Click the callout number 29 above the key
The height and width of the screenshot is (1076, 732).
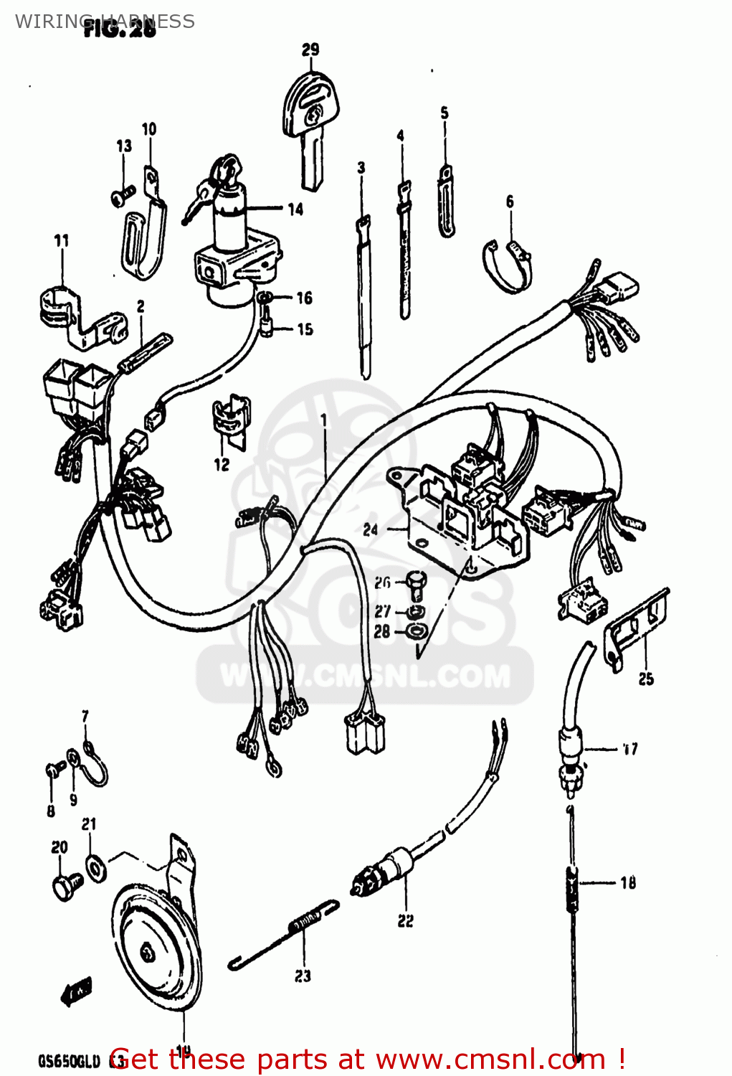(310, 49)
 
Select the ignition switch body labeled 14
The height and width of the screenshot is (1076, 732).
(234, 244)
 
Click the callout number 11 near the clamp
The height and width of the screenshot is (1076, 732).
(62, 240)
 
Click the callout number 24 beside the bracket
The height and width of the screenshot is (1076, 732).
(370, 530)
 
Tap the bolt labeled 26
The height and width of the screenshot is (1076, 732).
(414, 584)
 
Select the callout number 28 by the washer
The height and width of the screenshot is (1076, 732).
(382, 631)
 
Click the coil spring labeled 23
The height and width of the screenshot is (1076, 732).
(305, 922)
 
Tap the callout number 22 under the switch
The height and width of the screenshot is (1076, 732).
(405, 921)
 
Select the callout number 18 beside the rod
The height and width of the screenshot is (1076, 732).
(628, 883)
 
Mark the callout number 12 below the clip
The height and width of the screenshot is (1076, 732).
(222, 464)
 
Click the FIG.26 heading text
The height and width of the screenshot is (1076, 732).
(119, 30)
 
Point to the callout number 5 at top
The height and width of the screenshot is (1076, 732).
(445, 113)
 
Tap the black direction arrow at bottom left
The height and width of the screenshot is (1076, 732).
(76, 992)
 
